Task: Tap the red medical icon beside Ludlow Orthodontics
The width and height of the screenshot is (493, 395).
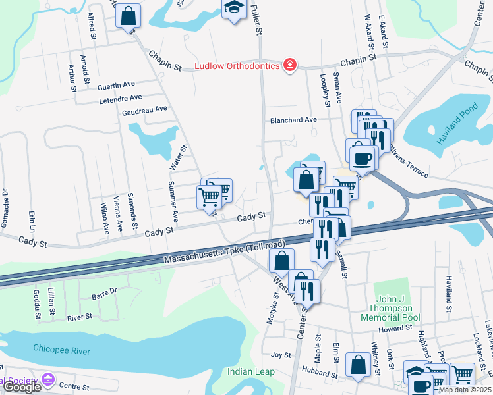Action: pos(289,65)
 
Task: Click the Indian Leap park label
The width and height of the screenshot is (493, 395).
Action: pos(250,372)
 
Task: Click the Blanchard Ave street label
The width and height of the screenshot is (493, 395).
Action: pos(293,120)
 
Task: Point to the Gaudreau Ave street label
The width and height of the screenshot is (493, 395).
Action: pos(145,109)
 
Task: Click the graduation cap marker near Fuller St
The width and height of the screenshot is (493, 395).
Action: pos(233,9)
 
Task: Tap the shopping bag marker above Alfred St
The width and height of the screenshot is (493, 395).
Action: pos(129,16)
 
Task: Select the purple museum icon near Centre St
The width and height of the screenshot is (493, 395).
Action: pos(47,379)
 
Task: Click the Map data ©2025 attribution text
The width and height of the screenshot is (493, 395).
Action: pos(465,390)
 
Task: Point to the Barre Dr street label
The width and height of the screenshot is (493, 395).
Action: pos(104,290)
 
